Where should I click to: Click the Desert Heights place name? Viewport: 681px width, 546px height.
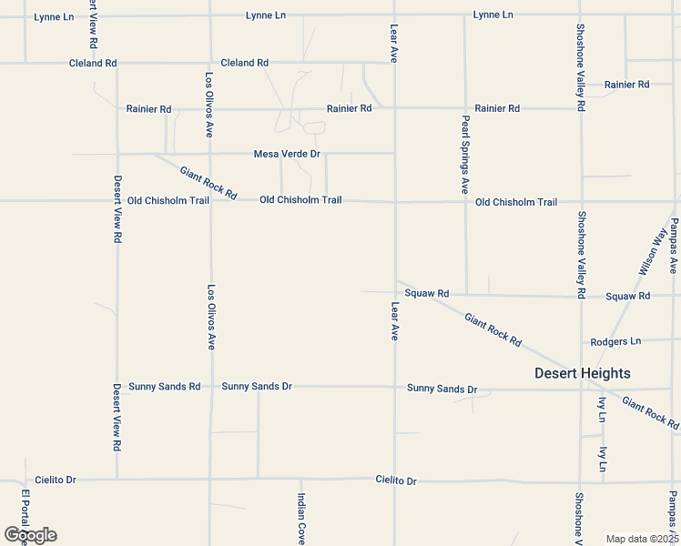tap(582, 373)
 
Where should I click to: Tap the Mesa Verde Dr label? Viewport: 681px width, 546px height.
tap(287, 155)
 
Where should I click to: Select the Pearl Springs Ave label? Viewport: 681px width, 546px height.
tap(464, 155)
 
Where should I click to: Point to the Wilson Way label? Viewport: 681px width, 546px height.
tap(652, 252)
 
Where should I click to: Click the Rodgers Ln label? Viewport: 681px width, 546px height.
tap(615, 342)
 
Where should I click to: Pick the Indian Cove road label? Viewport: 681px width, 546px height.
tap(300, 519)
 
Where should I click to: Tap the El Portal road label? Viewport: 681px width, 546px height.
tap(25, 515)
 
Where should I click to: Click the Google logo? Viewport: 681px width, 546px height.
tap(29, 535)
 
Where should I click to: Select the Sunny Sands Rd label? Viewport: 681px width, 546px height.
tap(164, 387)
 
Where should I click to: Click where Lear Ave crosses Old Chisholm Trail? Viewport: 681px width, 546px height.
tap(394, 201)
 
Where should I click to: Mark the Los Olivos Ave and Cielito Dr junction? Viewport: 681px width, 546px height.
tap(211, 479)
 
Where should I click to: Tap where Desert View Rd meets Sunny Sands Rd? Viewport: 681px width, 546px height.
tap(117, 387)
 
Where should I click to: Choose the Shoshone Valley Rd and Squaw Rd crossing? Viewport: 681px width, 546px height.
tap(581, 296)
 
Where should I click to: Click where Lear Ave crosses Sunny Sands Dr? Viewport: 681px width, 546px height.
tap(394, 387)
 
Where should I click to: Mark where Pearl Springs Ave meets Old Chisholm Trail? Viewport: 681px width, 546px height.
tap(465, 201)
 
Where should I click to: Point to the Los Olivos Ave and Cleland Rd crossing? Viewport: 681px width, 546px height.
tap(210, 63)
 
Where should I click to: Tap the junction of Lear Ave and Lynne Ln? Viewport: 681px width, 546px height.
tap(394, 15)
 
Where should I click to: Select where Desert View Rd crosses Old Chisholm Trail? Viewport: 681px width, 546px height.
tap(117, 201)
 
